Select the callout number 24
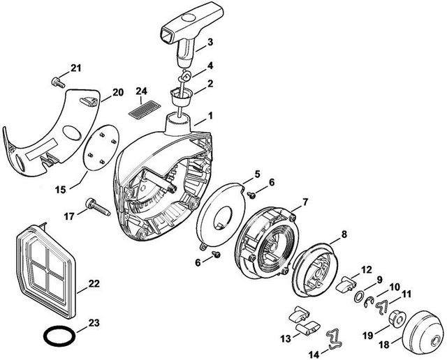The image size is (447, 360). click(x=142, y=91)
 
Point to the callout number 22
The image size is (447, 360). click(x=93, y=284)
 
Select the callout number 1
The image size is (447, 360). click(x=210, y=114)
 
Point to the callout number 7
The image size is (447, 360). click(x=305, y=202)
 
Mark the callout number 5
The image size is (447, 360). click(x=256, y=173)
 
